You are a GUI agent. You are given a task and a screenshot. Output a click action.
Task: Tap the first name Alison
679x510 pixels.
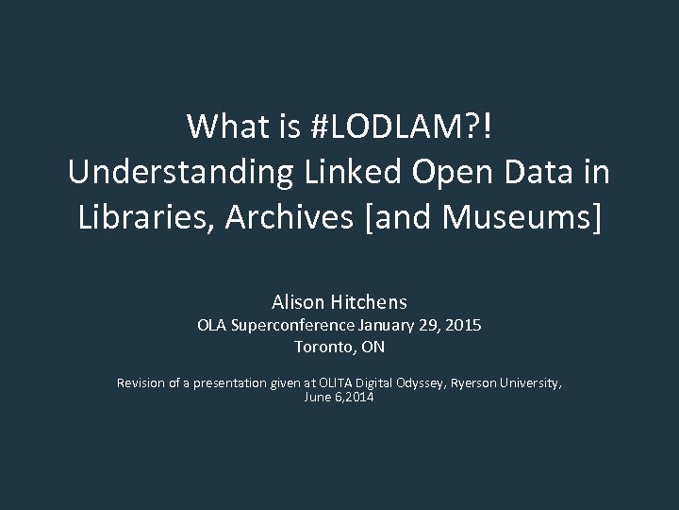click(297, 303)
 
